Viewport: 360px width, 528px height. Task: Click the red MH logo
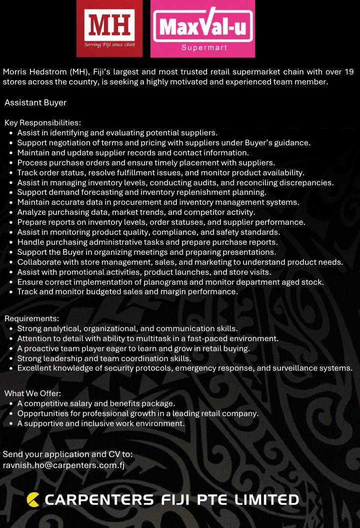click(x=109, y=28)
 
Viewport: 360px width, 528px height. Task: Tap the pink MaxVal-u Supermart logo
click(x=203, y=28)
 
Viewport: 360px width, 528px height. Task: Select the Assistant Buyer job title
click(x=35, y=103)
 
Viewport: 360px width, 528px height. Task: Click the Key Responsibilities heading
click(x=42, y=123)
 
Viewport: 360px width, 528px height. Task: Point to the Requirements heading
click(x=32, y=319)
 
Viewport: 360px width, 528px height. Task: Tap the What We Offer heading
click(x=32, y=394)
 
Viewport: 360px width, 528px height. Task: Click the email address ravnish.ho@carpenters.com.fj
click(x=64, y=465)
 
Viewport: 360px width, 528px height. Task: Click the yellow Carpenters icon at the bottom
click(x=33, y=499)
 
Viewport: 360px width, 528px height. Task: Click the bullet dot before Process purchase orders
click(x=11, y=163)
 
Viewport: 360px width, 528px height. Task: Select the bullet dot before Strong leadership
click(x=11, y=359)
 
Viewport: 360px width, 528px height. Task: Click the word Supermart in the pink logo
click(x=204, y=48)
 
